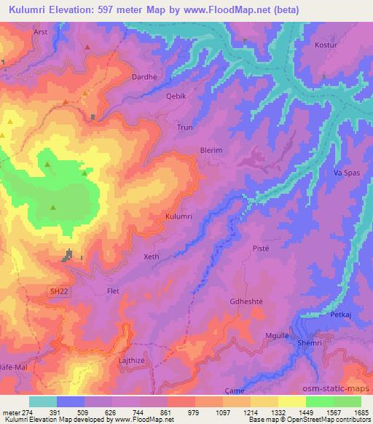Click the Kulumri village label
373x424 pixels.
[178, 217]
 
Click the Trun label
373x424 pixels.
[185, 127]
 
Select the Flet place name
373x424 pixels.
[113, 291]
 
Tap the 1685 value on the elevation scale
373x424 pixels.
[360, 412]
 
